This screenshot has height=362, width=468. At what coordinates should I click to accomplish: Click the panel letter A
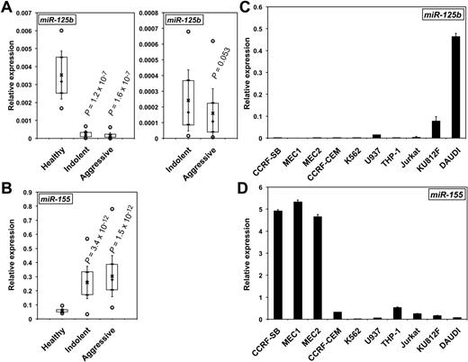(7, 7)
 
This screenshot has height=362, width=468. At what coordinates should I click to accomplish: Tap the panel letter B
(7, 190)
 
